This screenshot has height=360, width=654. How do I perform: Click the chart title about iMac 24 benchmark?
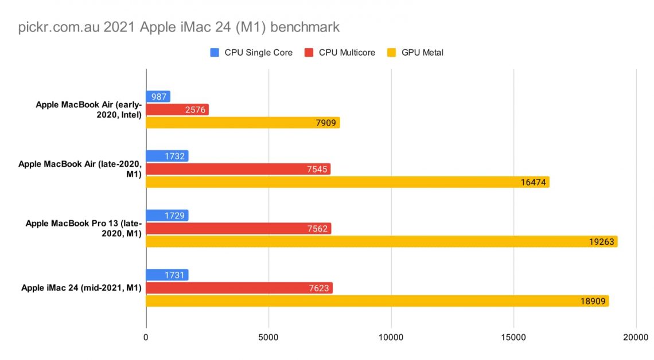179,27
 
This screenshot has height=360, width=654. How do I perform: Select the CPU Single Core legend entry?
251,53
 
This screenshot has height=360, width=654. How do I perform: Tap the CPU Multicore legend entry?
340,53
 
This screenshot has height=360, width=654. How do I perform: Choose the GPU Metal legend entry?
415,53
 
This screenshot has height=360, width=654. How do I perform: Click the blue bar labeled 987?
158,96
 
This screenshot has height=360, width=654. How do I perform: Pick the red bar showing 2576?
177,109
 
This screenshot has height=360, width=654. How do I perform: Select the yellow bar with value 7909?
243,123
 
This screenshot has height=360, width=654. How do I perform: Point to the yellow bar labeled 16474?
348,182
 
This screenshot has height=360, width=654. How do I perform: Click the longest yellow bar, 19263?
381,242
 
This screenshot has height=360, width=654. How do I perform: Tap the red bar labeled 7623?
239,288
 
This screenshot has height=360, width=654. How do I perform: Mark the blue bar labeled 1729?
167,216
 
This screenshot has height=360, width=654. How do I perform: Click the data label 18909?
591,301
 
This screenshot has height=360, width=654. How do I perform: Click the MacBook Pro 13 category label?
83,228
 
